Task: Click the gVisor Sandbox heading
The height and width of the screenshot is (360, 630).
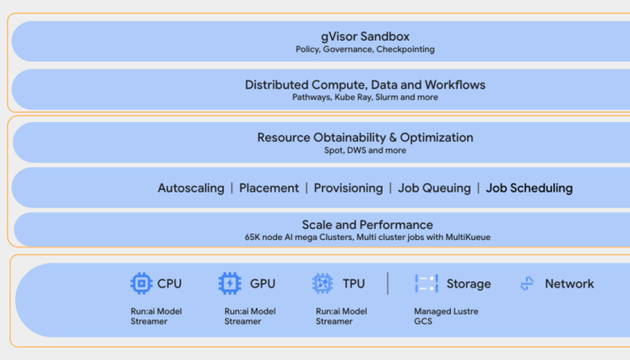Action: click(365, 36)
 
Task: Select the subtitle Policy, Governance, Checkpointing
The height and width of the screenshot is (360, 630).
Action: click(365, 49)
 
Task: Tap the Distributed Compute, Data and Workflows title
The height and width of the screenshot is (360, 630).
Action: click(365, 85)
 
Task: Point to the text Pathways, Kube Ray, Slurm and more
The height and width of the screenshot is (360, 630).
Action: click(365, 97)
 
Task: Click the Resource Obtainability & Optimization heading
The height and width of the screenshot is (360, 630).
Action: click(365, 137)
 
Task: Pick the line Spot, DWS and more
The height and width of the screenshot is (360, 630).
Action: click(365, 150)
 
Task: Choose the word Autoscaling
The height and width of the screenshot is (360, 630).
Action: click(191, 188)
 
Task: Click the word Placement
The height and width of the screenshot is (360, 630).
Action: click(269, 188)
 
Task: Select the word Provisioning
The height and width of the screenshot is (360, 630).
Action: click(348, 188)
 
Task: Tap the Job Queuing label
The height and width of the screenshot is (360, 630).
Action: click(434, 188)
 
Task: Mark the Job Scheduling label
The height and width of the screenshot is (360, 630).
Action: click(529, 188)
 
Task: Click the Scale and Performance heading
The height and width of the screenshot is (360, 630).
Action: click(367, 225)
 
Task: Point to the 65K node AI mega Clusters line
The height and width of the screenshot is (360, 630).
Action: click(367, 237)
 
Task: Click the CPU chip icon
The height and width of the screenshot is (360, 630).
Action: click(141, 284)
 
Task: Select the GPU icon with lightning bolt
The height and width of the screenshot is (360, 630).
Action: click(229, 284)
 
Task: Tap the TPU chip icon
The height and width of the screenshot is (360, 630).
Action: click(322, 284)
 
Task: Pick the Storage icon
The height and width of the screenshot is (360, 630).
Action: click(426, 284)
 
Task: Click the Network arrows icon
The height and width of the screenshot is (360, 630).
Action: click(527, 284)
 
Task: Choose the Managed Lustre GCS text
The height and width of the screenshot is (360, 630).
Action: click(445, 316)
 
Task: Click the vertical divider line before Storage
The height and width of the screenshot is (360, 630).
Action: click(388, 284)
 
